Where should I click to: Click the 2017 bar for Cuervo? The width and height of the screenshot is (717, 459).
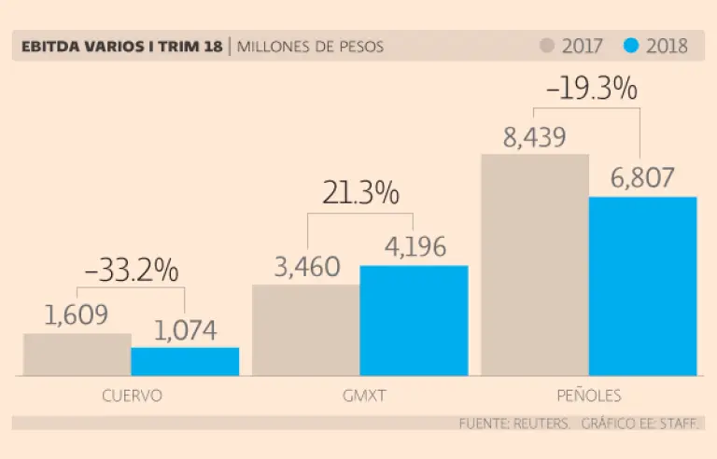77,355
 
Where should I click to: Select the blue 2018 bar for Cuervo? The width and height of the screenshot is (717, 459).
185,361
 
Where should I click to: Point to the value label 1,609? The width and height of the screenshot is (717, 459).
77,315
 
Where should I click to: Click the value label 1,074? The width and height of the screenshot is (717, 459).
185,330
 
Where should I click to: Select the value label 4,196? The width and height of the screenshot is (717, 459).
414,247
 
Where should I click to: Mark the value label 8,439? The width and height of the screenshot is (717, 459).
534,138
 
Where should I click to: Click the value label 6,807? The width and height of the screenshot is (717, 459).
642,178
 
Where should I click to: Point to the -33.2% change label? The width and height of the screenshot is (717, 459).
131,271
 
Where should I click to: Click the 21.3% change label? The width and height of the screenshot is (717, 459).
360,194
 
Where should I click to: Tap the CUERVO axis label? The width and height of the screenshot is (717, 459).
131,396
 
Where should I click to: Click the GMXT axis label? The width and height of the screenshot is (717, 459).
360,396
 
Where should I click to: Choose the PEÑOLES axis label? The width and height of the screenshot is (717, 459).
588,395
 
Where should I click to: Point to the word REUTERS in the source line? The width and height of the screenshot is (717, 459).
541,424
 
